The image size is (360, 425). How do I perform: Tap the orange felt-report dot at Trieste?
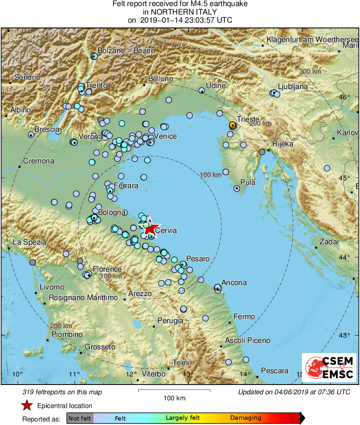(x=232, y=125)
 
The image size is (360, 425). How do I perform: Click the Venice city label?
(x=165, y=136)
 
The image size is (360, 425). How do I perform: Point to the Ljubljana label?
(x=293, y=87)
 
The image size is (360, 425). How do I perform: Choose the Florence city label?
(x=107, y=269)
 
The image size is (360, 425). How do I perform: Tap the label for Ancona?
(x=234, y=283)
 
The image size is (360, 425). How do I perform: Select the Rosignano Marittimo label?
(x=83, y=298)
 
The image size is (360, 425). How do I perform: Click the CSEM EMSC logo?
(x=329, y=367)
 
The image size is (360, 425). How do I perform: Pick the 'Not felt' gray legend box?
(x=80, y=418)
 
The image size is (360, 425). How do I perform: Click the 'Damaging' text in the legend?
(x=246, y=418)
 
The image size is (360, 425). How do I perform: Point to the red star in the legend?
(x=27, y=406)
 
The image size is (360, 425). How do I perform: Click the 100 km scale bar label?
(x=174, y=398)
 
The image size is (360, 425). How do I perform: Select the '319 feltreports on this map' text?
(x=62, y=392)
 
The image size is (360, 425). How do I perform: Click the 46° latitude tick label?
(x=344, y=97)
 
